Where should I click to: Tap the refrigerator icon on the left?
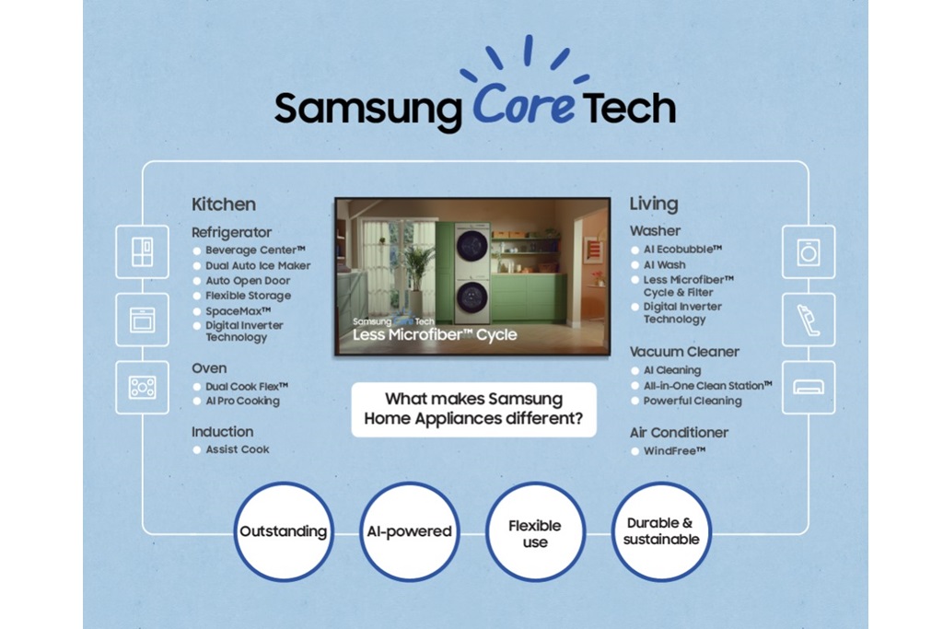click(142, 251)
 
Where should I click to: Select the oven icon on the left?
click(142, 320)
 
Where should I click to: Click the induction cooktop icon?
click(142, 387)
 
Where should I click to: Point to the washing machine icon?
click(809, 251)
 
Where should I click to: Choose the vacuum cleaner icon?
click(809, 320)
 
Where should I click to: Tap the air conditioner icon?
click(809, 387)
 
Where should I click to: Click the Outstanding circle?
click(283, 531)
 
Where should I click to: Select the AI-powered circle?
click(408, 531)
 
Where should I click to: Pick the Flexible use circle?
click(535, 531)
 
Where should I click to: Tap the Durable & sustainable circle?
click(661, 531)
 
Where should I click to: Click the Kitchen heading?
click(224, 204)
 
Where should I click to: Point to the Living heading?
click(654, 204)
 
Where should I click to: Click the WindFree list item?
click(674, 451)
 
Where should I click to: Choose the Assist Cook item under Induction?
click(237, 449)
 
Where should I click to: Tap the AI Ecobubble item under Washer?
click(681, 250)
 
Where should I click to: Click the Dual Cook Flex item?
click(246, 387)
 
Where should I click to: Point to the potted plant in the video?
click(419, 267)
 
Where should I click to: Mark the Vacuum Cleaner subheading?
click(684, 352)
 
